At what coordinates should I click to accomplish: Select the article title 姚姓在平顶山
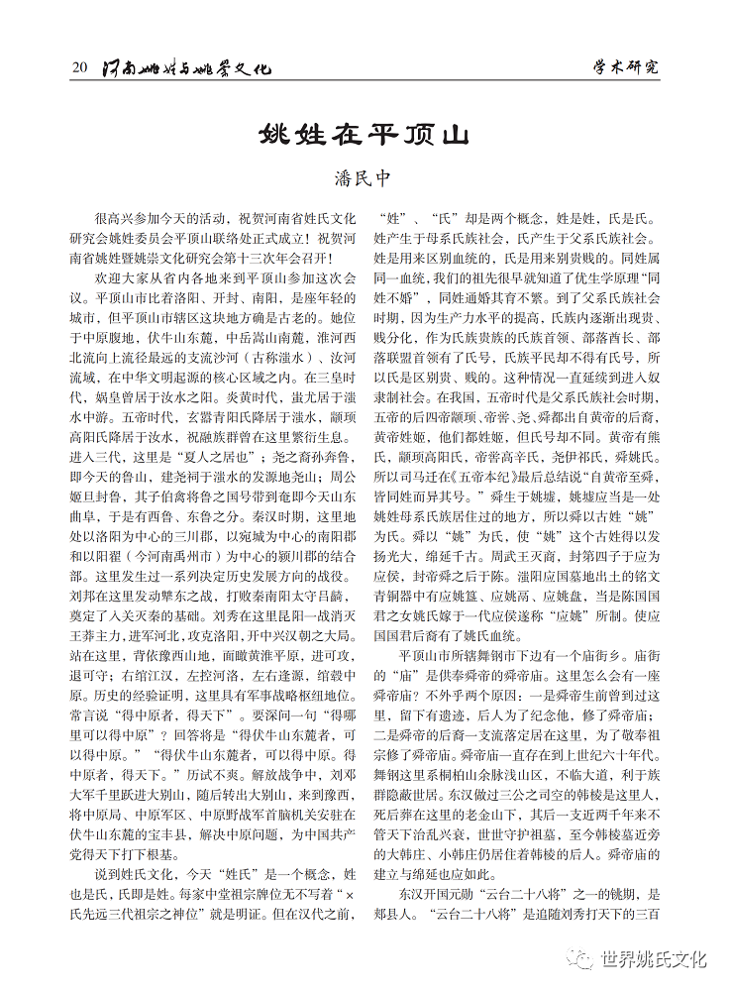coord(365,134)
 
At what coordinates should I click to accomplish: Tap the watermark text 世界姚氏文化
coord(654,958)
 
